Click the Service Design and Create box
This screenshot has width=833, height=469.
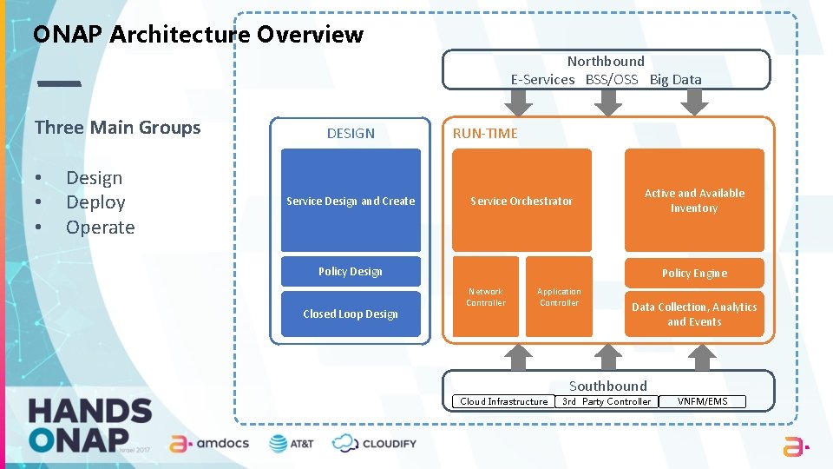351,201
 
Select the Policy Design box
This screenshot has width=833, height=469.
351,271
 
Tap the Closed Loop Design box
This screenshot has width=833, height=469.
351,314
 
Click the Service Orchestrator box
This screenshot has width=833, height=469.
521,201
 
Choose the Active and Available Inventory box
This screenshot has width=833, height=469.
694,201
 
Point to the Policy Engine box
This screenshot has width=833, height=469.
694,273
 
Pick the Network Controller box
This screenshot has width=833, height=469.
485,297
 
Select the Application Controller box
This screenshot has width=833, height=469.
559,297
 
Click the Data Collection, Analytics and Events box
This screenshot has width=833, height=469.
694,314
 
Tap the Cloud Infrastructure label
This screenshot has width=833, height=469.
504,401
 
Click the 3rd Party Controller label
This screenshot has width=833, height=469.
607,401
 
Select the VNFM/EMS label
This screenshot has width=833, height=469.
703,401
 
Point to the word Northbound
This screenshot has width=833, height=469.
606,61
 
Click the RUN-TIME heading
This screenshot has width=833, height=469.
485,133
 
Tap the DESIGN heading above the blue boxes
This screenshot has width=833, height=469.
351,133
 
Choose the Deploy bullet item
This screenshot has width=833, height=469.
95,202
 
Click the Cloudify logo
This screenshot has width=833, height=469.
374,443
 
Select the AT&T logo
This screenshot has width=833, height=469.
292,443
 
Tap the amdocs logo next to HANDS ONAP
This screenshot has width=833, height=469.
209,443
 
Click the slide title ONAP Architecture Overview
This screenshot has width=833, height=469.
198,35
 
